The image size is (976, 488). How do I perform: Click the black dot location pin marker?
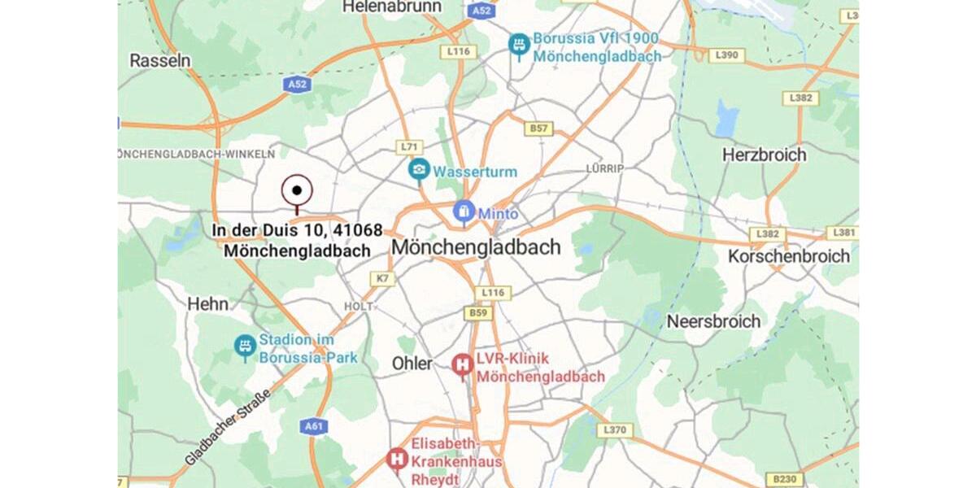(297, 191)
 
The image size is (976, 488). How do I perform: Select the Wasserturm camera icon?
(419, 170)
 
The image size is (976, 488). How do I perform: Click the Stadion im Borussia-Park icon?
(245, 346)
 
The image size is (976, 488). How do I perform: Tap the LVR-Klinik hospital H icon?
(463, 366)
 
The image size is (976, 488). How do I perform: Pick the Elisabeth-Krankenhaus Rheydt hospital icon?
(397, 460)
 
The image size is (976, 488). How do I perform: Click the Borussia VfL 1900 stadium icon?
(518, 46)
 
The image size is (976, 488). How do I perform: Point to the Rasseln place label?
(160, 60)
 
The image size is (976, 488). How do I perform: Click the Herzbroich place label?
(765, 155)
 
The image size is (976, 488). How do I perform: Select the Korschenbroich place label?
(788, 256)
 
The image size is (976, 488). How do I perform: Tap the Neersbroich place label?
(713, 321)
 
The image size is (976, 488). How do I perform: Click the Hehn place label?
(208, 304)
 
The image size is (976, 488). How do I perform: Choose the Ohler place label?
(412, 364)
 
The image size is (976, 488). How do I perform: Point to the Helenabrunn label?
(392, 7)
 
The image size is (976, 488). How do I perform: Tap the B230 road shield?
(785, 479)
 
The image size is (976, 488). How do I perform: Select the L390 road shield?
(725, 55)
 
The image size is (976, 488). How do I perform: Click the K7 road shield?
(382, 279)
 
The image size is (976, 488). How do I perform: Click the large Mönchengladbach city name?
(476, 247)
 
